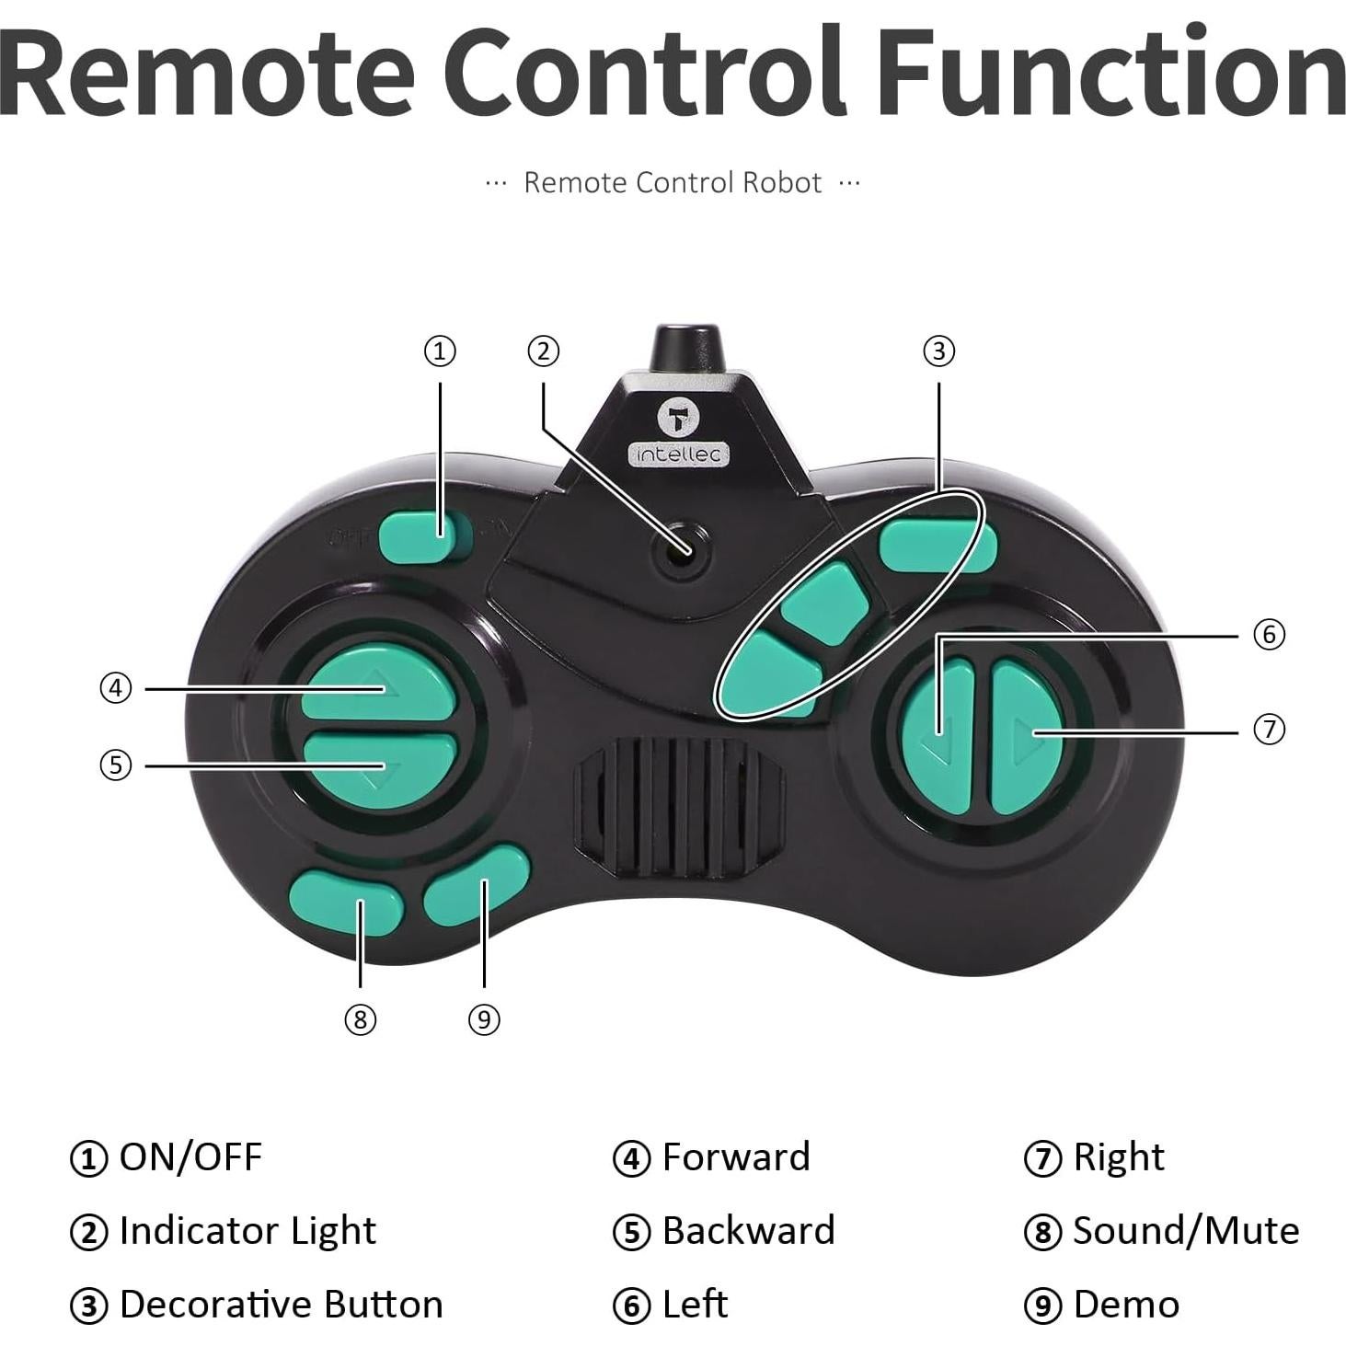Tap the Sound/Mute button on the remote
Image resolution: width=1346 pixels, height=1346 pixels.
(346, 903)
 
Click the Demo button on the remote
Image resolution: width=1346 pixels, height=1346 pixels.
(477, 885)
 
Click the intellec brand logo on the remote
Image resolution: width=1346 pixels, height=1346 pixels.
(678, 432)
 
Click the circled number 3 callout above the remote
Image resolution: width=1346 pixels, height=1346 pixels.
(938, 351)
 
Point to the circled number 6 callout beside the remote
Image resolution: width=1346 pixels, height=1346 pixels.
(1269, 634)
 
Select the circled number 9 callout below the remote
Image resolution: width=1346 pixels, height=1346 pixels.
(484, 1018)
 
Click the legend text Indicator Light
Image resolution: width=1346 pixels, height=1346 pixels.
(247, 1230)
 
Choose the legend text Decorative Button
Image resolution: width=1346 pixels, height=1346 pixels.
(281, 1304)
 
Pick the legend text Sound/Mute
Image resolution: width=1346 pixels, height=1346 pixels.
(1185, 1230)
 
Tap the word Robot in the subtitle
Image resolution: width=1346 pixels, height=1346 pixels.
(781, 182)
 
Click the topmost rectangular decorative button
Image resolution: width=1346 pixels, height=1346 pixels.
(936, 545)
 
